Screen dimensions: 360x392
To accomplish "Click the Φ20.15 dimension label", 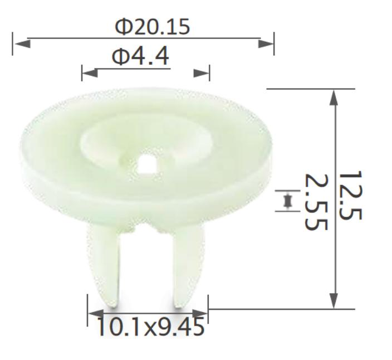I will (152, 26).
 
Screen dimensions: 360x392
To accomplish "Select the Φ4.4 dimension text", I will (140, 56).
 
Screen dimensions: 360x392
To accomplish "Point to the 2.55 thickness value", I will (315, 201).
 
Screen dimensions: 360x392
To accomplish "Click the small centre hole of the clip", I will (148, 163).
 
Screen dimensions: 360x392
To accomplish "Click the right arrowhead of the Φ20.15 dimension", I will (266, 43).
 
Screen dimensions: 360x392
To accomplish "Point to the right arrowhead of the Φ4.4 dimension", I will (202, 73).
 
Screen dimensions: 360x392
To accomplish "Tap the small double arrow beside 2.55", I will (287, 201).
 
